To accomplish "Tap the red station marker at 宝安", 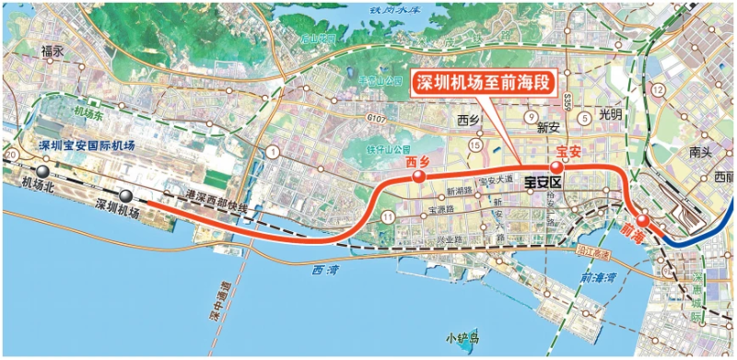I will click(x=556, y=167).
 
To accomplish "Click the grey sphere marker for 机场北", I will click(x=42, y=170).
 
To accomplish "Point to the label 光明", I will click(x=610, y=115).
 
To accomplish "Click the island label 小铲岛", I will click(x=462, y=339).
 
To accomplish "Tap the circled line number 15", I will click(x=475, y=145).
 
